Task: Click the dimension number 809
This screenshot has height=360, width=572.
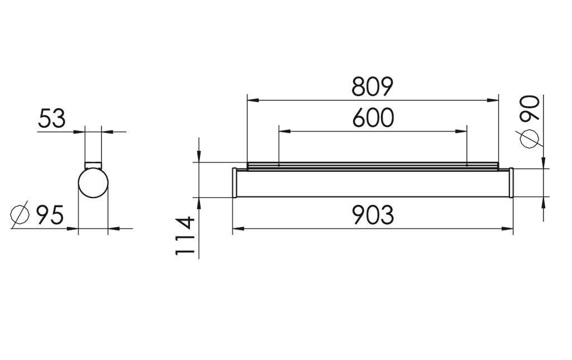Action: point(373,87)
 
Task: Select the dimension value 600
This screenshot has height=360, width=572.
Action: point(373,118)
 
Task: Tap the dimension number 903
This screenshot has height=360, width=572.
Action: point(373,215)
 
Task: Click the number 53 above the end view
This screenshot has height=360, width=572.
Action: point(52,118)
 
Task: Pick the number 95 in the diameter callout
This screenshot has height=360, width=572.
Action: point(50,215)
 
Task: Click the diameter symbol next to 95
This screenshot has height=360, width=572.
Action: point(20,215)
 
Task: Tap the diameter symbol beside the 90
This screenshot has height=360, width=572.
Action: point(530,138)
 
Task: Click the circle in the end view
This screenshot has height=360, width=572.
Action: point(93,184)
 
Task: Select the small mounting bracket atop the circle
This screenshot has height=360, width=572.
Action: point(93,164)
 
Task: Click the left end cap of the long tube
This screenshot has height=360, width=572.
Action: point(235,183)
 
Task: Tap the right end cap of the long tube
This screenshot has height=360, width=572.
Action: point(510,183)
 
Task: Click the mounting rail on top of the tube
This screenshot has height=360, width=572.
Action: point(373,165)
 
